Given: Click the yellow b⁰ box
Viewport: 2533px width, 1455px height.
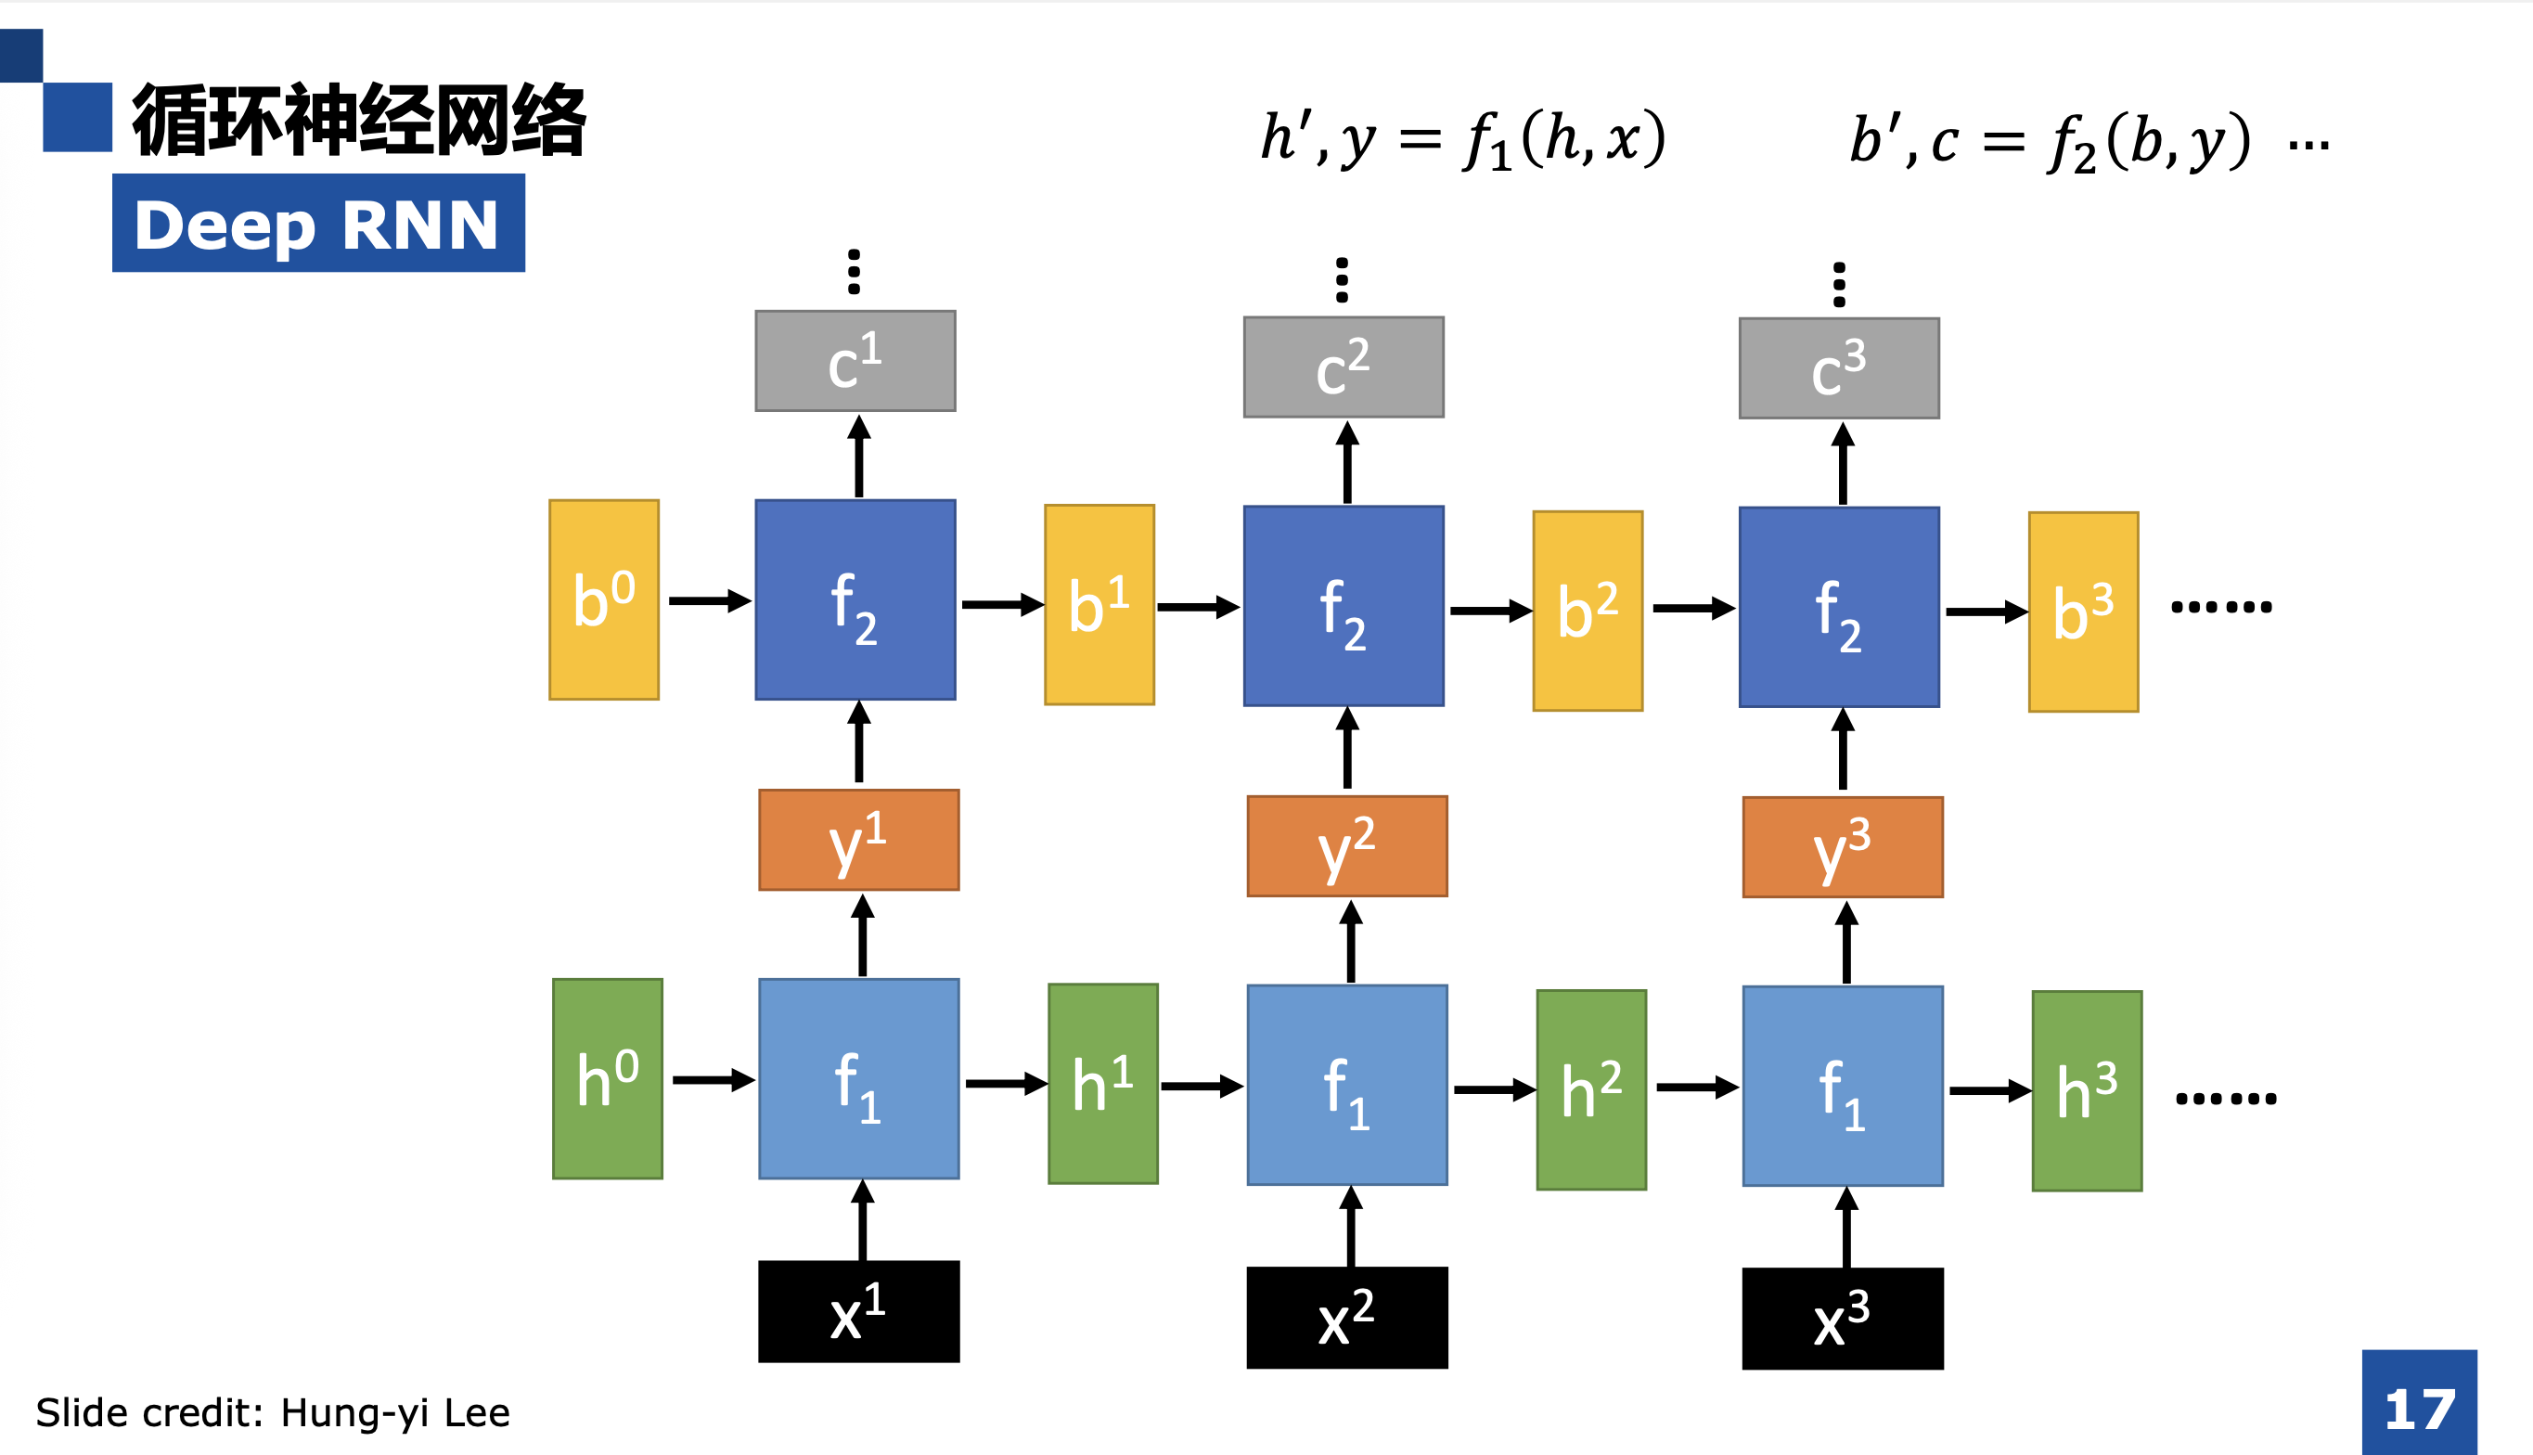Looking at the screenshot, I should (x=603, y=599).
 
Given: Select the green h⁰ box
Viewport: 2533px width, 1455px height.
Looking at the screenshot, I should (x=608, y=1078).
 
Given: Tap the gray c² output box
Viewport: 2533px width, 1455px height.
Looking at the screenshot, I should (x=1343, y=367).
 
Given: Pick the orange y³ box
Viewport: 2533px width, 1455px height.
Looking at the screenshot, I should (x=1843, y=846).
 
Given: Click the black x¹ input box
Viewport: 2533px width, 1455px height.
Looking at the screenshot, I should (x=858, y=1311).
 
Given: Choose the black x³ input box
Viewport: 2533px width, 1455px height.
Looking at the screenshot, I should (x=1843, y=1318).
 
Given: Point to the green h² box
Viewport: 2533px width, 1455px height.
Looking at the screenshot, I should (x=1590, y=1089).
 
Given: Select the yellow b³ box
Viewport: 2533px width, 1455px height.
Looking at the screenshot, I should (x=2083, y=612).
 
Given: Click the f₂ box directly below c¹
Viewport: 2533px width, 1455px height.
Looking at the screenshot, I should (x=855, y=599).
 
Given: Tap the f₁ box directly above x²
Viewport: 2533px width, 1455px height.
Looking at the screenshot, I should (x=1347, y=1084).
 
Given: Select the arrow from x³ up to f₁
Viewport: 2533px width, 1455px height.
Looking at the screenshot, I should (x=1845, y=1227).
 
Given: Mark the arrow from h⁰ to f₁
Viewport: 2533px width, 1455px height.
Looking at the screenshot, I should (x=713, y=1079).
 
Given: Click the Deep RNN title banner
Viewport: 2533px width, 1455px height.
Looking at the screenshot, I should (x=317, y=223).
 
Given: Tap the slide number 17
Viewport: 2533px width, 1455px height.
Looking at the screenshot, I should (x=2419, y=1409).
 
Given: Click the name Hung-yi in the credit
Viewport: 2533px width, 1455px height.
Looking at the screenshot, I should (x=354, y=1413).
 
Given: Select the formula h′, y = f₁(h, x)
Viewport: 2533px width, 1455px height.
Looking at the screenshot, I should (x=1463, y=140).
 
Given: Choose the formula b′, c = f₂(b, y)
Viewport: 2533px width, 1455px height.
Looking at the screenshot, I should (x=2051, y=142).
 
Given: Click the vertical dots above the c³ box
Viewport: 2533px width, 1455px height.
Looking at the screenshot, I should (x=1840, y=285).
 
